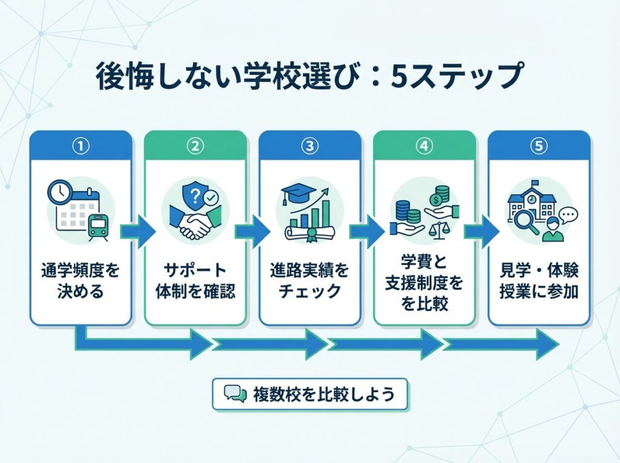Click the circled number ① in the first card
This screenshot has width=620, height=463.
click(x=81, y=146)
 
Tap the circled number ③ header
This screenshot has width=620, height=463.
click(x=309, y=146)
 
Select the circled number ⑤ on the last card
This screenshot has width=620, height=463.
click(x=538, y=146)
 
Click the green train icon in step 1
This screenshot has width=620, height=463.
click(x=96, y=226)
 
